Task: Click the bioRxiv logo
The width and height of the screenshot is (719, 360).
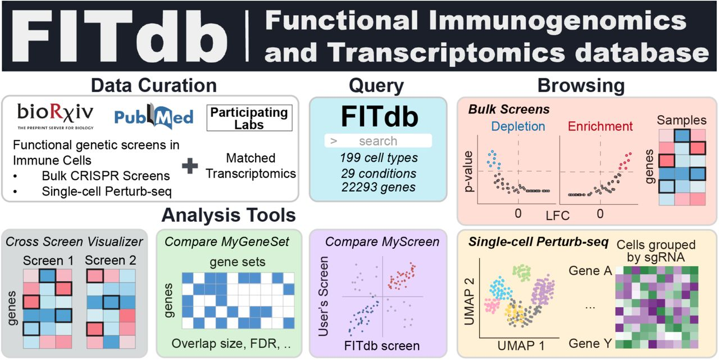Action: point(55,116)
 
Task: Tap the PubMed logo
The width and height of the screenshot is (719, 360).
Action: point(154,116)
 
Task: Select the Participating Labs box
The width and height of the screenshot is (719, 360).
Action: point(249,118)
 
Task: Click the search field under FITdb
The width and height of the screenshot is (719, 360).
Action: point(378,141)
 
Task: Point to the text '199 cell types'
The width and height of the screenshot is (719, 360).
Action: point(379,158)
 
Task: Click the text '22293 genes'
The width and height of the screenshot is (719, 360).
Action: point(379,187)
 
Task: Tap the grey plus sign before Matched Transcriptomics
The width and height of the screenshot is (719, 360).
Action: point(190,166)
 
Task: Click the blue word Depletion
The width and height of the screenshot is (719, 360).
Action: point(518,126)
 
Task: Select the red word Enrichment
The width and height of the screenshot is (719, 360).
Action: point(600,126)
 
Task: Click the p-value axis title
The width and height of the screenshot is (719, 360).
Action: point(469,172)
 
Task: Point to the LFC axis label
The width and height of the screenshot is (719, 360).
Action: point(558,216)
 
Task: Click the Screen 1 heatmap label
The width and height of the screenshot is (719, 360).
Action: point(48,261)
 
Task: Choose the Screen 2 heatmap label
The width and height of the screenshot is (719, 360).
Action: point(111,260)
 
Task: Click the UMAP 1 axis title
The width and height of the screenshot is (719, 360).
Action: point(521,346)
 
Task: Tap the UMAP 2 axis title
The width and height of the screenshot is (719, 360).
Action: point(469,302)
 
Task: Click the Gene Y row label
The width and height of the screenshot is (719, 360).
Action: point(590,344)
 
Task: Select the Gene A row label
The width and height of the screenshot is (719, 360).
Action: point(590,271)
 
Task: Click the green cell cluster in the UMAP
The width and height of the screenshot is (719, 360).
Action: point(522,273)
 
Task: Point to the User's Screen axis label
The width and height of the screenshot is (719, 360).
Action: point(323,297)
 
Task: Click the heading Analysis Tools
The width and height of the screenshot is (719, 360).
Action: point(229,215)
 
